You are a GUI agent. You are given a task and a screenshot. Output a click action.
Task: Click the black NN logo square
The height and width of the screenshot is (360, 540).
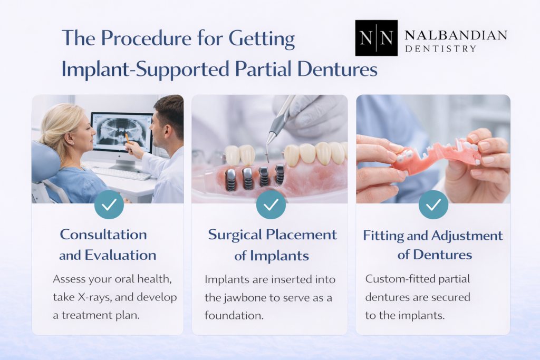(x=377, y=38)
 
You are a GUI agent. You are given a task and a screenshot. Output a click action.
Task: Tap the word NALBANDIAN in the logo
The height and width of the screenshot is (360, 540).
(x=456, y=35)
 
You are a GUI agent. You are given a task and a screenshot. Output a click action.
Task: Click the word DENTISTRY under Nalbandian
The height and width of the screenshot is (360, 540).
(x=441, y=49)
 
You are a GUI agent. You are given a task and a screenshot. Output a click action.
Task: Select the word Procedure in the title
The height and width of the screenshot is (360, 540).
(x=146, y=38)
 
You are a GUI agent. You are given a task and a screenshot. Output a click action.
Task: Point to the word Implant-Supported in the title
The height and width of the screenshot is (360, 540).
(x=146, y=69)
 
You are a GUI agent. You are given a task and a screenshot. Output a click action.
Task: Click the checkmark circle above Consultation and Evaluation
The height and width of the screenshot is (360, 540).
(x=109, y=205)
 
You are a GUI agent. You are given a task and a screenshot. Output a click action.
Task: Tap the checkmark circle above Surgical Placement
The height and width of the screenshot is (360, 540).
(x=271, y=205)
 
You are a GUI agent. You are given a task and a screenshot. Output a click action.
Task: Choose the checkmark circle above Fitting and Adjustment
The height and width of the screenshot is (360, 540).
(x=433, y=205)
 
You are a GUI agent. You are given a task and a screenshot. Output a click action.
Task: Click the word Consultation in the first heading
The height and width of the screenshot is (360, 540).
(x=103, y=235)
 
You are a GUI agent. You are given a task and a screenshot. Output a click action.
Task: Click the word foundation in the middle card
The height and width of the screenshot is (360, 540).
(x=234, y=315)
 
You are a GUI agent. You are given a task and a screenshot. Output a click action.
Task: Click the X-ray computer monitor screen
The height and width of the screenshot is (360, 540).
(x=122, y=132)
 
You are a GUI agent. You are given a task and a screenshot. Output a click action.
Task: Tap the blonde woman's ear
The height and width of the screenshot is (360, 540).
(x=69, y=138)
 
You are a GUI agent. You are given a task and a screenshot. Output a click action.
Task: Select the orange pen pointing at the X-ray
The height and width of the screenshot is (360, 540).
(x=128, y=139)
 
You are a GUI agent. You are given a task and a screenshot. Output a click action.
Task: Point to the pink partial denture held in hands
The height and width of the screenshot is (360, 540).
(x=435, y=154)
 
